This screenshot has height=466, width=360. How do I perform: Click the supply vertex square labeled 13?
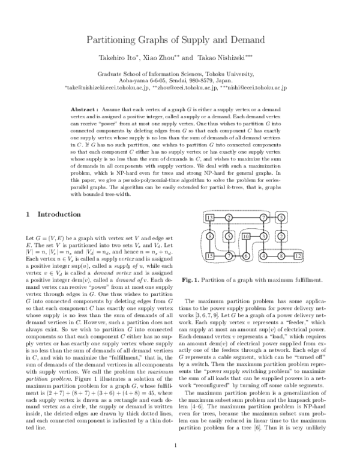(210, 217)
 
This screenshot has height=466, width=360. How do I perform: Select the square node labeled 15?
(210, 256)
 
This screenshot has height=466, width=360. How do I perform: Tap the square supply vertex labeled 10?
(246, 237)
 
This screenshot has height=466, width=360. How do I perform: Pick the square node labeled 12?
(298, 257)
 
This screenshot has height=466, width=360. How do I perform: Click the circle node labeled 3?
(263, 237)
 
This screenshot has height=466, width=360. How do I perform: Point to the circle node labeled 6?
(245, 257)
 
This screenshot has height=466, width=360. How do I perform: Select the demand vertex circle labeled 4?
(263, 257)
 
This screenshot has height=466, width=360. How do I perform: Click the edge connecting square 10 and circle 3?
(255, 237)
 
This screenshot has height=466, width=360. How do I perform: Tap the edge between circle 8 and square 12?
(289, 257)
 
